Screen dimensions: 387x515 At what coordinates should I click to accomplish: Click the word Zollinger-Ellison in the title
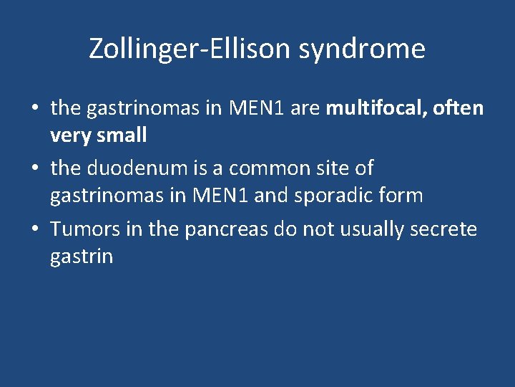point(190,49)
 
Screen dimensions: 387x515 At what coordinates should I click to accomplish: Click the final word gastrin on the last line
point(82,256)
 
